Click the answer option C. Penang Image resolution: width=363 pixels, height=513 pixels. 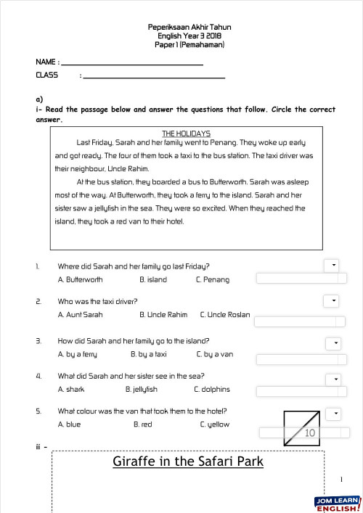tap(212, 279)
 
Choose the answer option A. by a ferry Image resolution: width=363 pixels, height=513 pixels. tap(77, 354)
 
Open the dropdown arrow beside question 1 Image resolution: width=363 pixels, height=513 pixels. tap(333, 266)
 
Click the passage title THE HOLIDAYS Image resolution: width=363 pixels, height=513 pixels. tap(186, 134)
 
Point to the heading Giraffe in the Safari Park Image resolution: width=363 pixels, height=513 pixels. tap(188, 461)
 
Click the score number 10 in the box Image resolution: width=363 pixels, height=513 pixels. tap(310, 433)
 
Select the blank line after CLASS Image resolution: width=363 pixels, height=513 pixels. tap(154, 77)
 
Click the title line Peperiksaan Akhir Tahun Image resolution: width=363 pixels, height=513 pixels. tap(189, 28)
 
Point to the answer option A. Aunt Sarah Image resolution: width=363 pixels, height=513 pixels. tap(80, 315)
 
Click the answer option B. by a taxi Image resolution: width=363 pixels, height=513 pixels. tap(149, 354)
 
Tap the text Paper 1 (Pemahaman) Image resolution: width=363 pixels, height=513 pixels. tap(189, 44)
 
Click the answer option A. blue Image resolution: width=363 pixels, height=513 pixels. tap(69, 424)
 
